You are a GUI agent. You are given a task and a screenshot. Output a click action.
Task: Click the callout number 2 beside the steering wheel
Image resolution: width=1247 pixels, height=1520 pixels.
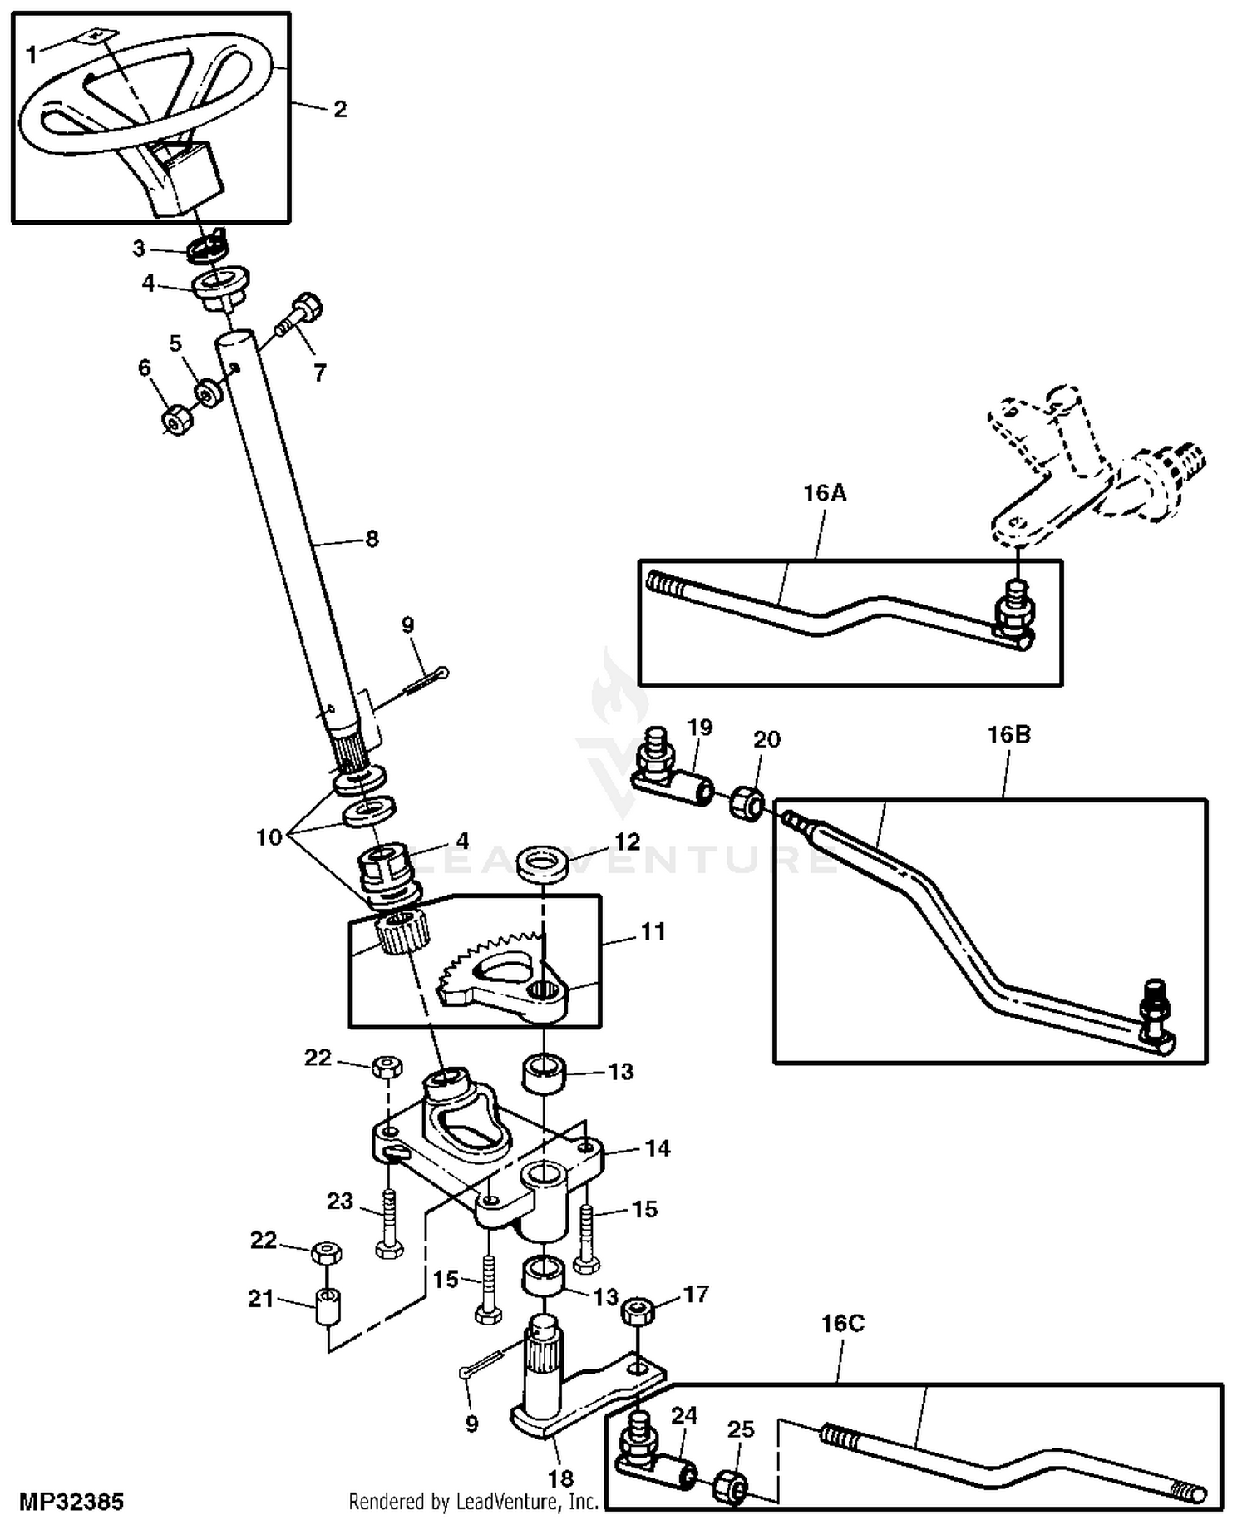pyautogui.click(x=339, y=109)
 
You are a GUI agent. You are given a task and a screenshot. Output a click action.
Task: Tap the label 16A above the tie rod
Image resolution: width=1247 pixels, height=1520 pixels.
pyautogui.click(x=825, y=493)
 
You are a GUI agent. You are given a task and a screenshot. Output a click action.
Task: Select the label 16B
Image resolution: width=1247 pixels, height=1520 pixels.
pyautogui.click(x=1008, y=734)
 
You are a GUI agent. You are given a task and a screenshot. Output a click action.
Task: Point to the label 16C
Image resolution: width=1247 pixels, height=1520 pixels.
pyautogui.click(x=843, y=1323)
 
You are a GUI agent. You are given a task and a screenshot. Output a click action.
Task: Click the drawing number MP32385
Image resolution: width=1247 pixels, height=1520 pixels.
pyautogui.click(x=71, y=1502)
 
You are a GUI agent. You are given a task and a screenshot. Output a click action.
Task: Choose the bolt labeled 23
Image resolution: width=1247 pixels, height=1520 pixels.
pyautogui.click(x=388, y=1224)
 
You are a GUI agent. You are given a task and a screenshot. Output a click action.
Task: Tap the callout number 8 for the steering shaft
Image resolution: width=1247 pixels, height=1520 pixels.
pyautogui.click(x=372, y=539)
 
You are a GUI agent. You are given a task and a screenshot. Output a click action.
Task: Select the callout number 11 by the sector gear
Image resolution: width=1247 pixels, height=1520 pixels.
pyautogui.click(x=653, y=931)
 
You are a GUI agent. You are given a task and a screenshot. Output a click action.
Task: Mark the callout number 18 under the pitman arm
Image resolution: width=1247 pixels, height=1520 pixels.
pyautogui.click(x=561, y=1478)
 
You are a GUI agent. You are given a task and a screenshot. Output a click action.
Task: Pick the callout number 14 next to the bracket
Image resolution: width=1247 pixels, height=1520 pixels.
pyautogui.click(x=658, y=1148)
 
